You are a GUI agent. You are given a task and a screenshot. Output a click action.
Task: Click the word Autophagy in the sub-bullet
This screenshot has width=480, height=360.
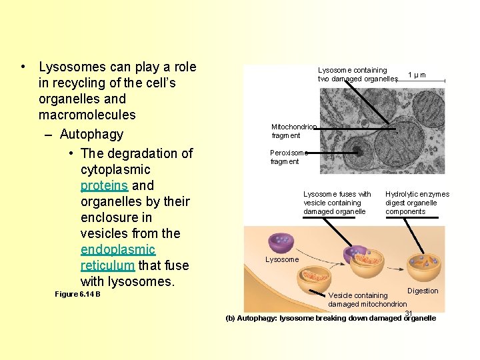pyautogui.click(x=91, y=134)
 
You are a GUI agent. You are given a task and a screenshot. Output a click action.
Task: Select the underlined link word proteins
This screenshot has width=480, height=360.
pyautogui.click(x=104, y=185)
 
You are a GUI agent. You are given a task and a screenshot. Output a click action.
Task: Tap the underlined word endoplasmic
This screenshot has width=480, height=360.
pyautogui.click(x=118, y=249)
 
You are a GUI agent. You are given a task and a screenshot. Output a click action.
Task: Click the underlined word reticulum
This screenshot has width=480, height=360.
pyautogui.click(x=107, y=265)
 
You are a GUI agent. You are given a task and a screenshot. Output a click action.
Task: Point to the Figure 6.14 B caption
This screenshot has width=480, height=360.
pyautogui.click(x=77, y=294)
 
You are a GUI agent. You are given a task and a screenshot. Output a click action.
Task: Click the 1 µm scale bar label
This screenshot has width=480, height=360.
pyautogui.click(x=417, y=75)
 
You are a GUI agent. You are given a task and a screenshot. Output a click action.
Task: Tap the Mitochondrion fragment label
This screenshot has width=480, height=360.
pyautogui.click(x=293, y=131)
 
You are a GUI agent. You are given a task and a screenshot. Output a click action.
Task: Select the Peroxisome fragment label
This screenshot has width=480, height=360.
pyautogui.click(x=289, y=157)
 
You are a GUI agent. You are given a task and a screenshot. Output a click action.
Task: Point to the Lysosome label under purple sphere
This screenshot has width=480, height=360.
pyautogui.click(x=282, y=259)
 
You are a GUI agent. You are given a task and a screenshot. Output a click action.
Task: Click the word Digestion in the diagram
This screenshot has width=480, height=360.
pyautogui.click(x=423, y=291)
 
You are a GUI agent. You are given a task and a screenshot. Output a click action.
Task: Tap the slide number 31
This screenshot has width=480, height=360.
pyautogui.click(x=409, y=313)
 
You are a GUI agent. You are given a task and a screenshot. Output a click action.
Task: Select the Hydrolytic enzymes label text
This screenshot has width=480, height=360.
pyautogui.click(x=417, y=203)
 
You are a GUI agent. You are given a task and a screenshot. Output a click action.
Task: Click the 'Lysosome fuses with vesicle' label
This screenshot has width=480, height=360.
pyautogui.click(x=337, y=203)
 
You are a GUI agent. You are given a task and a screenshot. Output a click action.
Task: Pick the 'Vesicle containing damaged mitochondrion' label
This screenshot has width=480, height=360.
pyautogui.click(x=367, y=299)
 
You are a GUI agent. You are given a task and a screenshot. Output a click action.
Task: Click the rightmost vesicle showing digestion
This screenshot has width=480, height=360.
pyautogui.click(x=422, y=265)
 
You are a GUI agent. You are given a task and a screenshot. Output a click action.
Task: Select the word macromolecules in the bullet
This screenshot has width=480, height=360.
pyautogui.click(x=87, y=115)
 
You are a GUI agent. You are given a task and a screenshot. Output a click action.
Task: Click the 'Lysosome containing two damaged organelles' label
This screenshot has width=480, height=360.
pyautogui.click(x=357, y=75)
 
